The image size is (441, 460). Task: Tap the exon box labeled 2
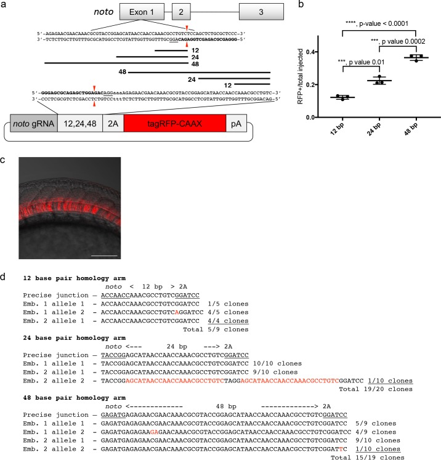tap(181, 10)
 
